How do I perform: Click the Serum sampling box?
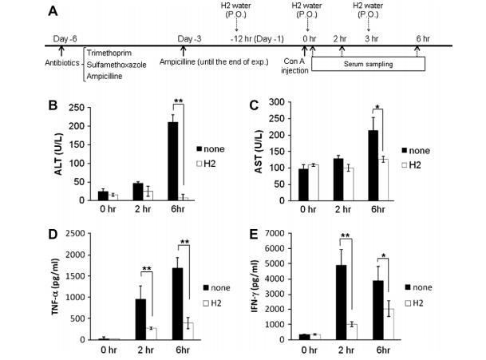(x=368, y=63)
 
